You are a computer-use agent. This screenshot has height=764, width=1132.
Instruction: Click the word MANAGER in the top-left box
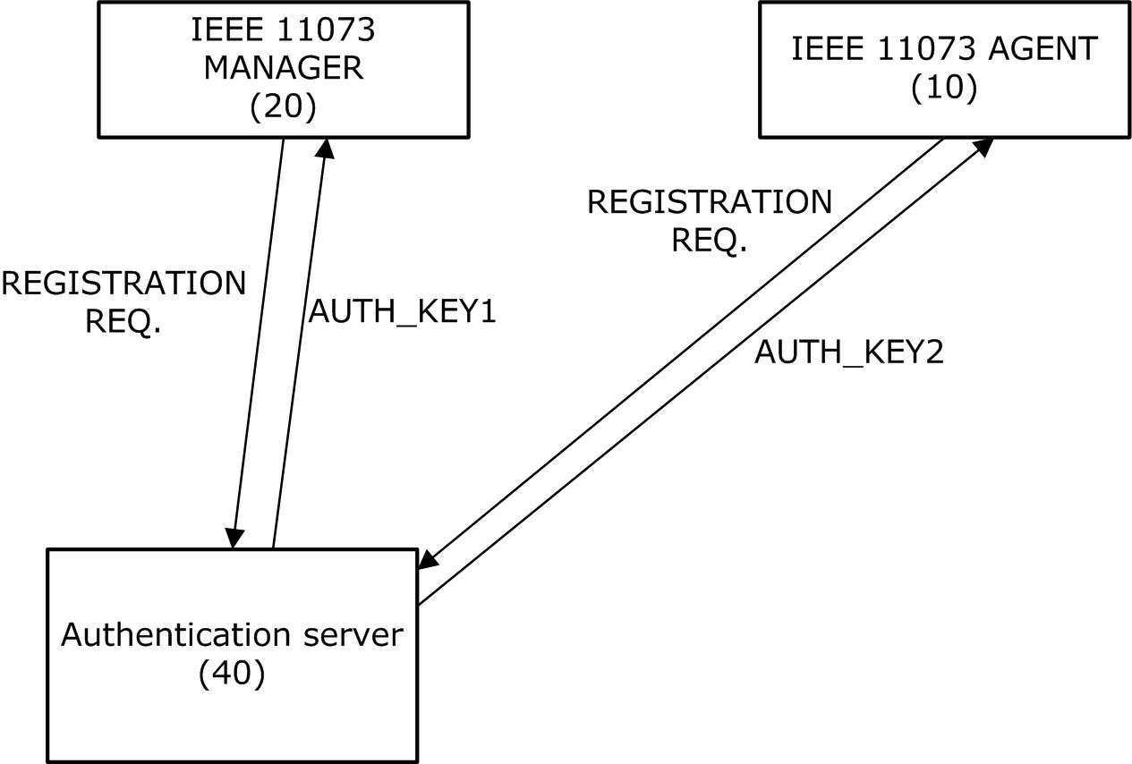[284, 68]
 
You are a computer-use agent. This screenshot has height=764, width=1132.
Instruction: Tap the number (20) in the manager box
[283, 107]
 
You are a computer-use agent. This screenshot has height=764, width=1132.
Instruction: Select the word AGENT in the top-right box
[1043, 48]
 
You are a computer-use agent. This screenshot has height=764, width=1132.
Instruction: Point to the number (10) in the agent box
[944, 88]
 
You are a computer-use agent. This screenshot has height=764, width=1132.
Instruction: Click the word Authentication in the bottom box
[176, 634]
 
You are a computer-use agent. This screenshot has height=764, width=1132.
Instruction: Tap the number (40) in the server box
[232, 674]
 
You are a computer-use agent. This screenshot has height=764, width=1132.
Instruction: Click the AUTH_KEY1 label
[403, 311]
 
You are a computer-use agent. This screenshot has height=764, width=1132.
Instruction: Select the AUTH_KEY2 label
[849, 352]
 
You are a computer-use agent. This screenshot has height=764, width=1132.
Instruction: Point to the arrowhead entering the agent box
[983, 147]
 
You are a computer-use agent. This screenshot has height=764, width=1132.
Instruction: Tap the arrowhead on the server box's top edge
[234, 539]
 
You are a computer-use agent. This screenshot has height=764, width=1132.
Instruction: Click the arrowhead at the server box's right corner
[429, 559]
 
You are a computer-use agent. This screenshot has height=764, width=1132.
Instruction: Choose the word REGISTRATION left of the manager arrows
[123, 284]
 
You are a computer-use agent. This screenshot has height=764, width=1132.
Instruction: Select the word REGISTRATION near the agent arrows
[710, 202]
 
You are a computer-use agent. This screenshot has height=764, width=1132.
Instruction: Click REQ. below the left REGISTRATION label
[123, 322]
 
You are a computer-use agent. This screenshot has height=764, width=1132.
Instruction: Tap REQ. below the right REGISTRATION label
[709, 241]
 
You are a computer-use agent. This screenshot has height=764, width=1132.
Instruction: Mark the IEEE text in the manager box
[227, 30]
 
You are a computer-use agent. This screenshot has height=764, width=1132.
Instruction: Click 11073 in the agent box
[927, 48]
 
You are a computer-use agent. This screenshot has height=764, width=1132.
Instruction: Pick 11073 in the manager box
[327, 30]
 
